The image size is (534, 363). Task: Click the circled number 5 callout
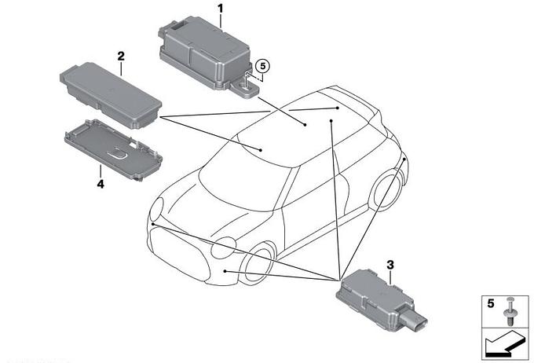262,66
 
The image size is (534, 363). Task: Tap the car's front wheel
256,266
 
